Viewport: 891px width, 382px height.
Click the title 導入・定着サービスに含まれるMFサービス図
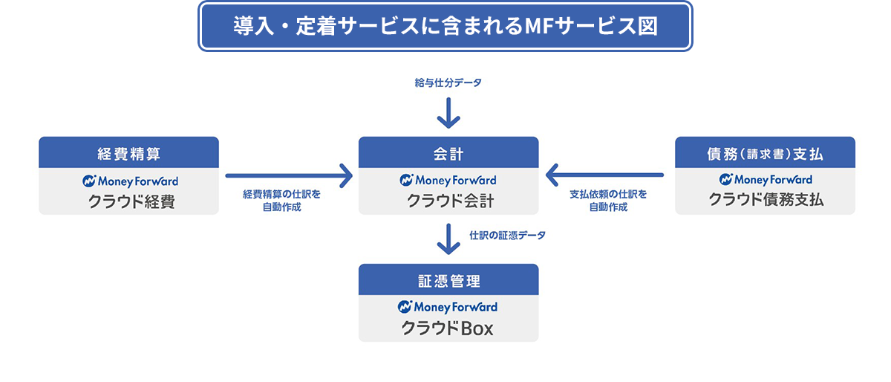tap(446, 26)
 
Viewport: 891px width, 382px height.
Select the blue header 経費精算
tap(128, 154)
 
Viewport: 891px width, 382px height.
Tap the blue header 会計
tap(448, 154)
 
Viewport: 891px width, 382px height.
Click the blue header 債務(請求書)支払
tap(765, 154)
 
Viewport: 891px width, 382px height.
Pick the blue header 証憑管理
tap(448, 281)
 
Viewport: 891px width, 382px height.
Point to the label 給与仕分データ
tap(448, 83)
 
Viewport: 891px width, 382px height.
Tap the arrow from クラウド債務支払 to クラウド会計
tap(604, 176)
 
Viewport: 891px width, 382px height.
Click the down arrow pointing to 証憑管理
tap(448, 239)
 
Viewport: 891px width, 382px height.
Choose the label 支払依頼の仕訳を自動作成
tap(608, 201)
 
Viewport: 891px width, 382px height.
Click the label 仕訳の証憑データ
tap(507, 236)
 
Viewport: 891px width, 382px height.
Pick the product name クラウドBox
tap(448, 328)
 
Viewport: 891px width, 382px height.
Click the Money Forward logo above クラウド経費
tap(130, 181)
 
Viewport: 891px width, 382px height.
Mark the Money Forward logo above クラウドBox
tap(448, 307)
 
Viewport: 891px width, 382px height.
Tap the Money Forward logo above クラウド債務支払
tap(765, 180)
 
